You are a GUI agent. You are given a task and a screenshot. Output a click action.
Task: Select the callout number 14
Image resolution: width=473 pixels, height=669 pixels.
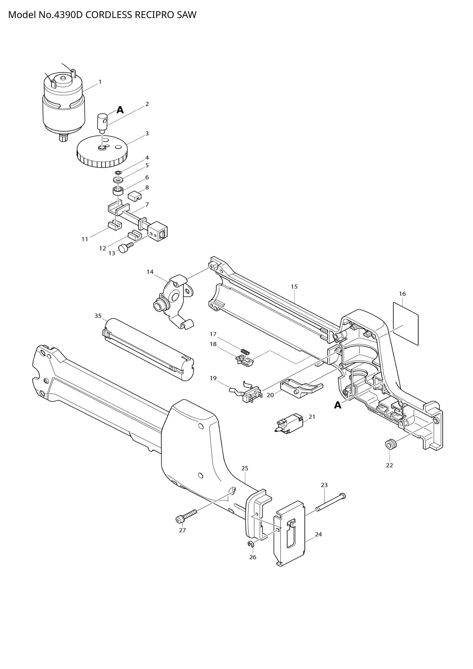(150, 272)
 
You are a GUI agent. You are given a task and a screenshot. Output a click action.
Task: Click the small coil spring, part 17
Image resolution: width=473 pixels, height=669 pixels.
(246, 352)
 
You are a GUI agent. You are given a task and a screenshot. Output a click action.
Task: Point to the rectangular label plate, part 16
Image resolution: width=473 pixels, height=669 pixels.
(406, 323)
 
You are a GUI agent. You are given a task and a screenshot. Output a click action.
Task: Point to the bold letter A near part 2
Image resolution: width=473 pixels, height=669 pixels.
(120, 110)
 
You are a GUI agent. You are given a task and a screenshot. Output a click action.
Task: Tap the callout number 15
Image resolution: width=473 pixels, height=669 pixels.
(294, 286)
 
